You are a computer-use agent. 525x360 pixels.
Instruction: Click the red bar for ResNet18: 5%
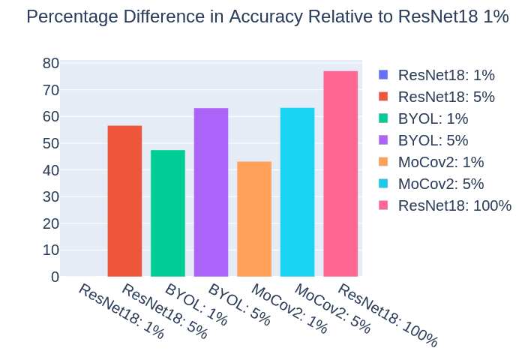tap(124, 201)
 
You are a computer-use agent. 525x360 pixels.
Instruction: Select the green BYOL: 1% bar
tap(168, 214)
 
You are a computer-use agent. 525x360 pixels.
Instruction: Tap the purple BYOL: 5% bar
tap(211, 193)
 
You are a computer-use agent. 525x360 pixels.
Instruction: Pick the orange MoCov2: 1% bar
tap(254, 219)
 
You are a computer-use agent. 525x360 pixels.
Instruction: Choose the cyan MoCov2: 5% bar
tap(297, 193)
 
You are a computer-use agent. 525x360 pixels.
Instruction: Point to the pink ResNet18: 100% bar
tap(340, 174)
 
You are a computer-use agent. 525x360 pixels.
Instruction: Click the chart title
tap(268, 17)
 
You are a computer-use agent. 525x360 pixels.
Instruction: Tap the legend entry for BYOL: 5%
tap(433, 140)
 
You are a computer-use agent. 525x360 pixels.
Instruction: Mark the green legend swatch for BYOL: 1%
tap(385, 118)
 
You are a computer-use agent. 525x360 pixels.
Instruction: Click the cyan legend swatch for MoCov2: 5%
tap(385, 184)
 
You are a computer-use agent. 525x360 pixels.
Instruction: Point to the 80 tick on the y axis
tap(50, 63)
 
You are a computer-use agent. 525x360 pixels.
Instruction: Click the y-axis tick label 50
tap(50, 143)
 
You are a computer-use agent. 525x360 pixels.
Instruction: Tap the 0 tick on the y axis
tap(55, 277)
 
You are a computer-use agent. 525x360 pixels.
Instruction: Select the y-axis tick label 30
tap(50, 196)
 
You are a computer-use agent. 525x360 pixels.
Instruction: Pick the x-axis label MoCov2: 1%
tap(289, 307)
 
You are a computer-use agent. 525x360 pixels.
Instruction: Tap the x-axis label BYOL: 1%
tap(196, 303)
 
